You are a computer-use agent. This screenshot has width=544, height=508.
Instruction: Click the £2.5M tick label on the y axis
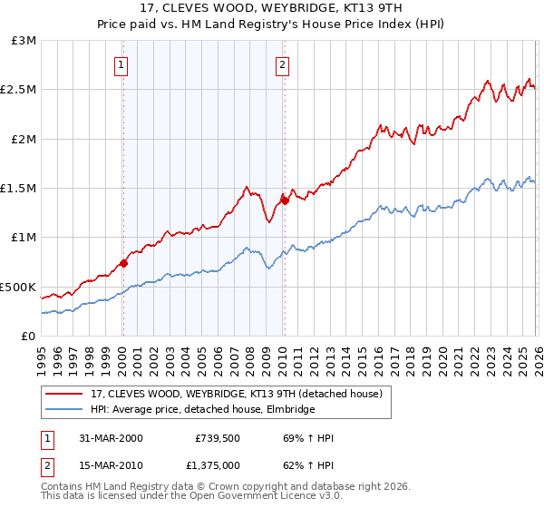[18, 90]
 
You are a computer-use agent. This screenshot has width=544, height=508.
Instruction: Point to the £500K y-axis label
[18, 287]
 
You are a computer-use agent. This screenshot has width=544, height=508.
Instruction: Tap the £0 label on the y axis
[27, 336]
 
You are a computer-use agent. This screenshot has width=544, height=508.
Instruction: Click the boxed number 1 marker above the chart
[122, 64]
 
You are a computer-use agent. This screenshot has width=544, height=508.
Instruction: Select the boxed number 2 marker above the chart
[283, 64]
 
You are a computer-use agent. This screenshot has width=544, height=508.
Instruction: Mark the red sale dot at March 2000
[123, 263]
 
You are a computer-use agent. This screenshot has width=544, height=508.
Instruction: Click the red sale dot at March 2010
[284, 200]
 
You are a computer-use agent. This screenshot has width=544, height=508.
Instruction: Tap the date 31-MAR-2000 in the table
[110, 438]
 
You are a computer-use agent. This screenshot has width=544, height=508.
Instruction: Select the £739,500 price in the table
[218, 438]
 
